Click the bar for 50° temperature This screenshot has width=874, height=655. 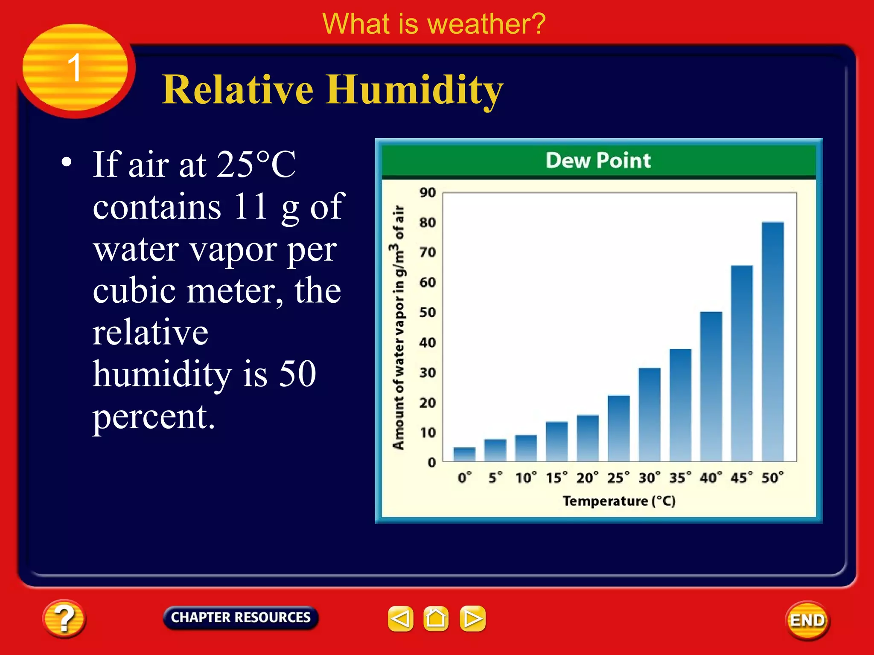(x=773, y=341)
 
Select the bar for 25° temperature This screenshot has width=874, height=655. (x=618, y=428)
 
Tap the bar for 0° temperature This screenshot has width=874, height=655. (x=464, y=454)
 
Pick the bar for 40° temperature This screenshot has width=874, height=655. (x=711, y=386)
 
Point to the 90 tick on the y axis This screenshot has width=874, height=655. (x=427, y=192)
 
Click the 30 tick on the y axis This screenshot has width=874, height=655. (x=427, y=373)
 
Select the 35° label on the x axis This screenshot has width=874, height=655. (x=680, y=478)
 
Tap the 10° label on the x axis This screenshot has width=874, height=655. (x=526, y=478)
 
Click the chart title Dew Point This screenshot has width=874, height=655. (x=598, y=161)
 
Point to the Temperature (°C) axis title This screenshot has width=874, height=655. (x=619, y=501)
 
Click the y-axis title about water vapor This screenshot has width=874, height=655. (x=398, y=327)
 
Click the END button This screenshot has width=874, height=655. (x=807, y=620)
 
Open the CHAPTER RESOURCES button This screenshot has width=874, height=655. (x=241, y=617)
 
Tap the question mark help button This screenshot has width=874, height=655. (x=64, y=619)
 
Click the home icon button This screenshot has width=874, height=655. (x=436, y=618)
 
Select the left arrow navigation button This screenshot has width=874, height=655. (x=400, y=618)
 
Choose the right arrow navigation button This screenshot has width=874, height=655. (x=472, y=618)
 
